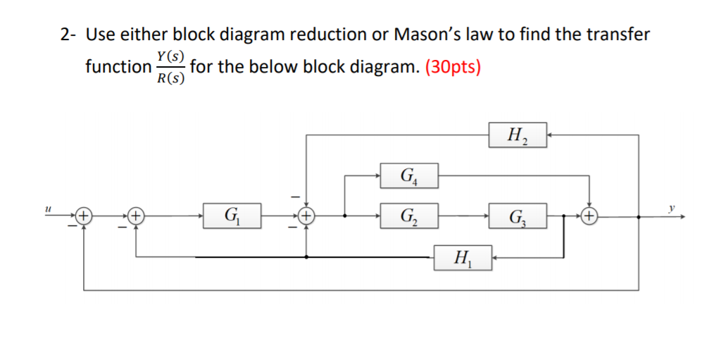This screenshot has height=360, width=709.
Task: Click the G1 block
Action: coord(232,215)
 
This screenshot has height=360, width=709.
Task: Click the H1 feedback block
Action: coord(463,258)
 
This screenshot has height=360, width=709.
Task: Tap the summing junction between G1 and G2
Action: coord(306,216)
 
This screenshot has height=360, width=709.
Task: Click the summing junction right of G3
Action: coord(589,216)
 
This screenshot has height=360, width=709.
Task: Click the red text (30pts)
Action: coord(453,68)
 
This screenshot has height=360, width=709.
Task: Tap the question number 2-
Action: coord(68,34)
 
